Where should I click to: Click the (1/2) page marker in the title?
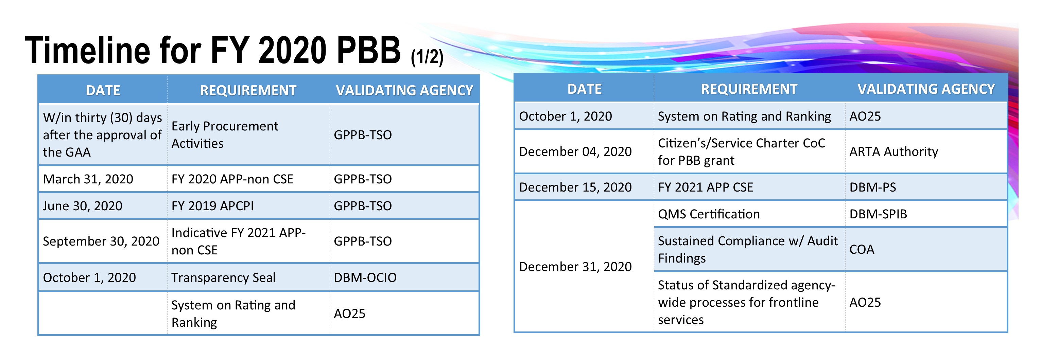(427, 57)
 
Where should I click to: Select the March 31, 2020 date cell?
(88, 179)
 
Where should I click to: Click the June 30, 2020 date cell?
(83, 206)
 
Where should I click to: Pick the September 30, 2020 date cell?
(101, 241)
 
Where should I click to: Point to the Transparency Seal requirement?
(224, 277)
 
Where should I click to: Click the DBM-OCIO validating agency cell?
(365, 277)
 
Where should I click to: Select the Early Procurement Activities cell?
(225, 134)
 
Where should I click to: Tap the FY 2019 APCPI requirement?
(212, 206)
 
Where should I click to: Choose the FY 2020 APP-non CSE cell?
(232, 179)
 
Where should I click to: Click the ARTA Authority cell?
(893, 151)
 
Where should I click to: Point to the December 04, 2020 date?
(575, 151)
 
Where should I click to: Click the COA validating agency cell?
(862, 249)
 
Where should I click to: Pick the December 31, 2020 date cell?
(575, 267)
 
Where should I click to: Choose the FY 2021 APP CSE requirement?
(706, 187)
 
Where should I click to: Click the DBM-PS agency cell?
(872, 187)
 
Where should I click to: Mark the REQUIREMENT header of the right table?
(749, 89)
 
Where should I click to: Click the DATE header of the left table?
(103, 90)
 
